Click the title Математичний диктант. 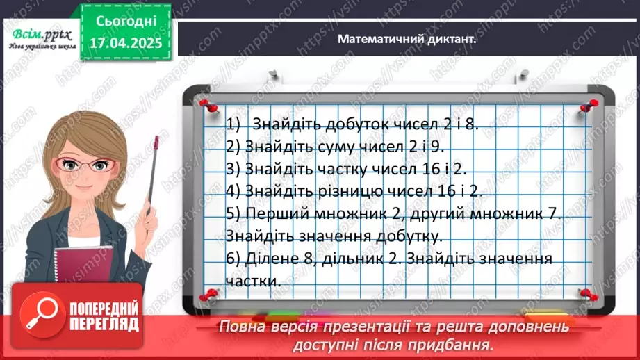tap(407, 40)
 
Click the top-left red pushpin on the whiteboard tap(206, 104)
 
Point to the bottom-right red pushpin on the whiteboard tap(586, 295)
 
